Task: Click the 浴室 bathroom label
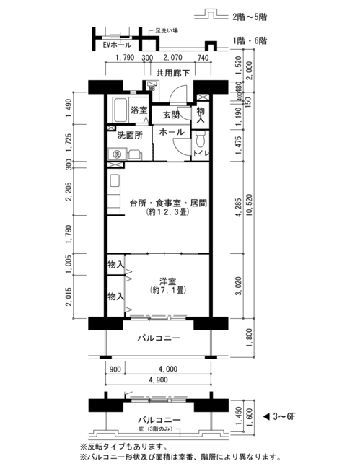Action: [x=139, y=110]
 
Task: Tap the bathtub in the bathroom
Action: [x=120, y=110]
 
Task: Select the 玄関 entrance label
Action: [x=171, y=115]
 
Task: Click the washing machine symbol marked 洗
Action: [x=117, y=154]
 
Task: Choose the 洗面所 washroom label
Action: [x=130, y=135]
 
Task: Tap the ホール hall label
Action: [x=172, y=132]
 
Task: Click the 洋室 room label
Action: [x=168, y=281]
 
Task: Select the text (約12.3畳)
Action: [x=168, y=212]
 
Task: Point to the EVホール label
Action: [x=117, y=45]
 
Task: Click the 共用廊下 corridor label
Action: [x=173, y=73]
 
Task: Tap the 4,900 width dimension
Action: [x=159, y=380]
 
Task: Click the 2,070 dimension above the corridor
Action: [x=172, y=58]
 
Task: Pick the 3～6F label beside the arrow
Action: [x=284, y=416]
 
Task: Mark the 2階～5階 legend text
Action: [x=250, y=17]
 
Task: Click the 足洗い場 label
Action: [x=167, y=31]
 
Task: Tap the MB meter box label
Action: [x=152, y=88]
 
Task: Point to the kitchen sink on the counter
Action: [x=115, y=181]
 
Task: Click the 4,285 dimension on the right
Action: [x=238, y=207]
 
